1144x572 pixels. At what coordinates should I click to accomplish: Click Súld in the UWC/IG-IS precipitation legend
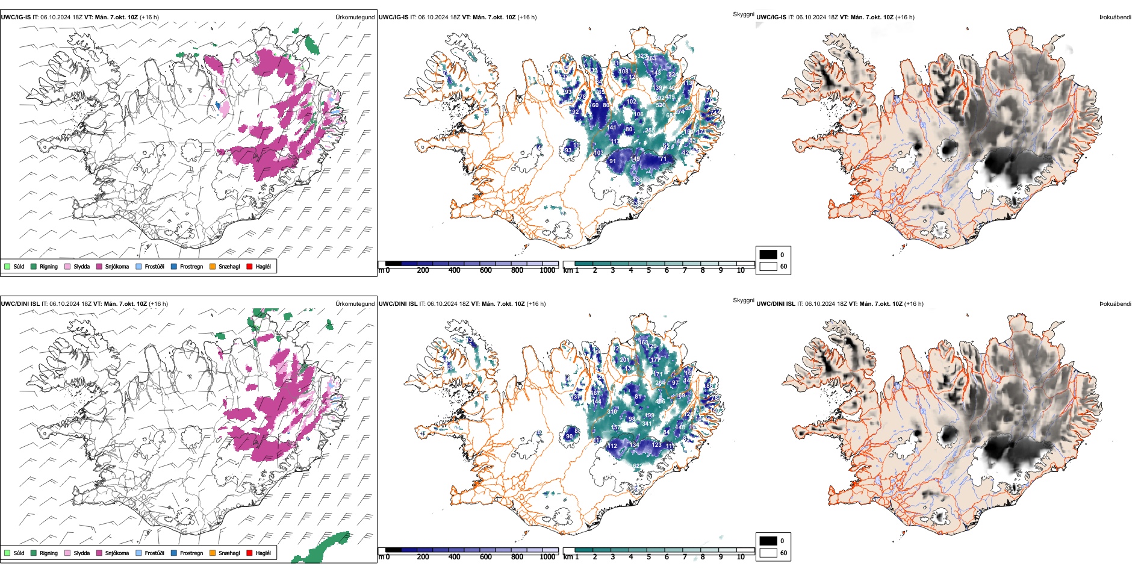point(19,267)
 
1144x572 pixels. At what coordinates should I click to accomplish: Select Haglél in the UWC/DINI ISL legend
point(263,553)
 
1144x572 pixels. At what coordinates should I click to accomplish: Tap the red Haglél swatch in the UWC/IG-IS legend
point(249,267)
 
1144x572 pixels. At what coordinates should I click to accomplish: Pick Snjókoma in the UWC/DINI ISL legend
point(117,553)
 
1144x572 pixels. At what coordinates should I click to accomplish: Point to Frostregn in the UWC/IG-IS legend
point(191,267)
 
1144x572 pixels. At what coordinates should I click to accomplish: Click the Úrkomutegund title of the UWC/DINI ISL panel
point(355,304)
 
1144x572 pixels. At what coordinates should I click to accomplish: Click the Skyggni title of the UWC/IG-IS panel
point(743,14)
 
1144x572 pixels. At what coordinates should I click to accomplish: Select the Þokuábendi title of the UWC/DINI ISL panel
point(1115,304)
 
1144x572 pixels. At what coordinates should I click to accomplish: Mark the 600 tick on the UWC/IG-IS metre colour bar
point(486,270)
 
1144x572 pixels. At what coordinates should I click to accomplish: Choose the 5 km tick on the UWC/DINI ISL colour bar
point(648,557)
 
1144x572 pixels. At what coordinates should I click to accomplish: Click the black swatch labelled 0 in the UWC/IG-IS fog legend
point(768,255)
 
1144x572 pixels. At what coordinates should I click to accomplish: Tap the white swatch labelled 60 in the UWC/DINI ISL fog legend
point(768,553)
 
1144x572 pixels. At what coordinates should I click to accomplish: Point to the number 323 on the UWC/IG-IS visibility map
point(642,56)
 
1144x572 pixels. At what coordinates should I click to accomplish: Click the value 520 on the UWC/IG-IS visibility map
point(661,105)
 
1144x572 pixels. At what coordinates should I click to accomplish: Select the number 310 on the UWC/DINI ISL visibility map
point(612,412)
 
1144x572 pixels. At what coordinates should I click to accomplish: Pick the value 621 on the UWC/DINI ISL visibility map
point(637,466)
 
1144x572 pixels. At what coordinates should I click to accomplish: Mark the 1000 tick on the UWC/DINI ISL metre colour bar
point(547,557)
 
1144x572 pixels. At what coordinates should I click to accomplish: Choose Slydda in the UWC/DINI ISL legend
point(81,553)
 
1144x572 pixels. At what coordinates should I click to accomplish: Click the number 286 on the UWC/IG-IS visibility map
point(637,179)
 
